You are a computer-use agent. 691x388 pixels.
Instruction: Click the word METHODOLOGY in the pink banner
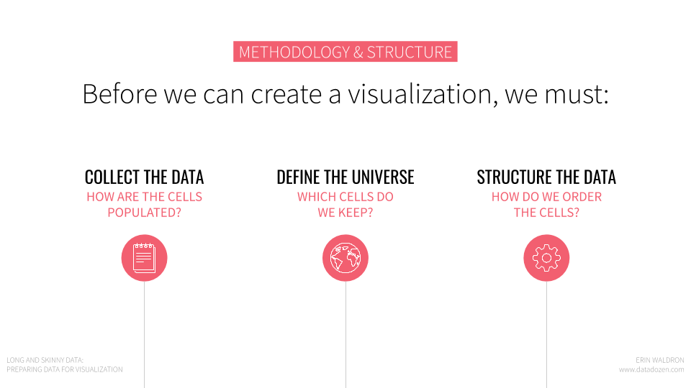[x=294, y=52]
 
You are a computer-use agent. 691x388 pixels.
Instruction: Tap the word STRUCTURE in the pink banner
[x=410, y=52]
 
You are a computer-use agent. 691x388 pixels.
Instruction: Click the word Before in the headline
[x=120, y=93]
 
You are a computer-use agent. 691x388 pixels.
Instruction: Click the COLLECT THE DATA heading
[x=144, y=177]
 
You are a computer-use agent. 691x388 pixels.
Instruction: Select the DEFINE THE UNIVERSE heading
[x=345, y=177]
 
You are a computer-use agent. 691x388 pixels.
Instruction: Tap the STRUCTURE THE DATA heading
[x=546, y=177]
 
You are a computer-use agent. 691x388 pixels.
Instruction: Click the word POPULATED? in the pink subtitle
[x=145, y=213]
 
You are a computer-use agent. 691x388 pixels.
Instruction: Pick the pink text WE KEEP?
[x=345, y=213]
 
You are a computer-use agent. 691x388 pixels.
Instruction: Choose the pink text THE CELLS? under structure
[x=546, y=213]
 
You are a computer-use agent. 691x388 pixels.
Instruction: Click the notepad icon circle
[x=144, y=258]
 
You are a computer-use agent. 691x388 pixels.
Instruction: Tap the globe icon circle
[x=345, y=258]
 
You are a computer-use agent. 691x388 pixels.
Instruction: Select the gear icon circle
[x=546, y=258]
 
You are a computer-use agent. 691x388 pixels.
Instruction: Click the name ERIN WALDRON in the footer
[x=660, y=360]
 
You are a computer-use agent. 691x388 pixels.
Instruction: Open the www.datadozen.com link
[x=651, y=369]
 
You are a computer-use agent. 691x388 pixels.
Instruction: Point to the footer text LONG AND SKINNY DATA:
[x=45, y=360]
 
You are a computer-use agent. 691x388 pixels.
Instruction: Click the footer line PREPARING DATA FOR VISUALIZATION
[x=65, y=369]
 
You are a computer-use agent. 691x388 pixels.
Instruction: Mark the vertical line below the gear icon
[x=546, y=334]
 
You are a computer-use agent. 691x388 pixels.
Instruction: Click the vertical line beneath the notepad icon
[x=144, y=334]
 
